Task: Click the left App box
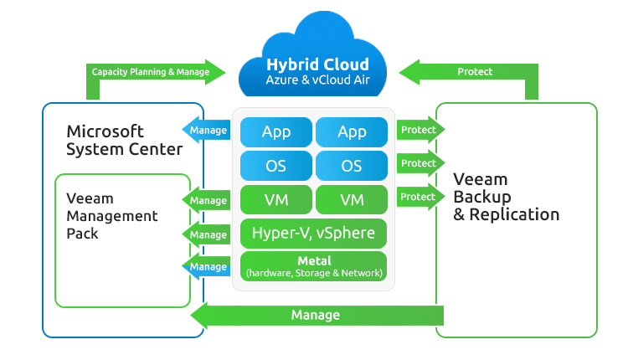tap(276, 131)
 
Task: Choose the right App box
tap(352, 131)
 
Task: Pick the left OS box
tap(276, 166)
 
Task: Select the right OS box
tap(352, 166)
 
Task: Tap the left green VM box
tap(276, 200)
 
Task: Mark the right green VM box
tap(352, 200)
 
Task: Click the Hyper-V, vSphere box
tap(314, 233)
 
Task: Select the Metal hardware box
tap(314, 266)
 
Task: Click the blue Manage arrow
tap(205, 131)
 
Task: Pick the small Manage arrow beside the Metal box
tap(205, 267)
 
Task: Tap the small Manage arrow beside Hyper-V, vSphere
tap(205, 234)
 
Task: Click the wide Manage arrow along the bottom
tap(317, 316)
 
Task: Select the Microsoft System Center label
tap(124, 141)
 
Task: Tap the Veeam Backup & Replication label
tap(506, 197)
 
